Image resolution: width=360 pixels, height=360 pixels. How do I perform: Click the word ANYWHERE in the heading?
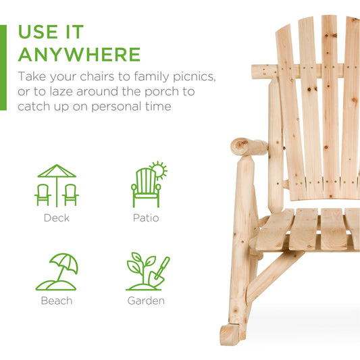[x=79, y=54]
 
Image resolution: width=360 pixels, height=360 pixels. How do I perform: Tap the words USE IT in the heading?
[x=51, y=32]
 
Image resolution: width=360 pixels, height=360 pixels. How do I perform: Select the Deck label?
[x=56, y=218]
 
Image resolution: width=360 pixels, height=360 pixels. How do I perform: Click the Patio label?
[x=146, y=218]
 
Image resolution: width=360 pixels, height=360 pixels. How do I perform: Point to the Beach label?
[x=56, y=301]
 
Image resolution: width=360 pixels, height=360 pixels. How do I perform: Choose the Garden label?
[x=146, y=301]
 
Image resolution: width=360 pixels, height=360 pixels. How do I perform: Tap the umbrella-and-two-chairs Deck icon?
[x=57, y=186]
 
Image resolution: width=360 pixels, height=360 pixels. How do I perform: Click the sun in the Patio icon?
[x=158, y=170]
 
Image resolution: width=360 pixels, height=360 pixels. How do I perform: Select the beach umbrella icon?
[x=63, y=265]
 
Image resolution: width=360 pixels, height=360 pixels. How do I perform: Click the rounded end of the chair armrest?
[x=240, y=145]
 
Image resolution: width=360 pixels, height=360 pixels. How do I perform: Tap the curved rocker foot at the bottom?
[x=232, y=333]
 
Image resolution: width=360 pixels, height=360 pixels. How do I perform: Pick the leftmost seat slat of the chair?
[x=276, y=230]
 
